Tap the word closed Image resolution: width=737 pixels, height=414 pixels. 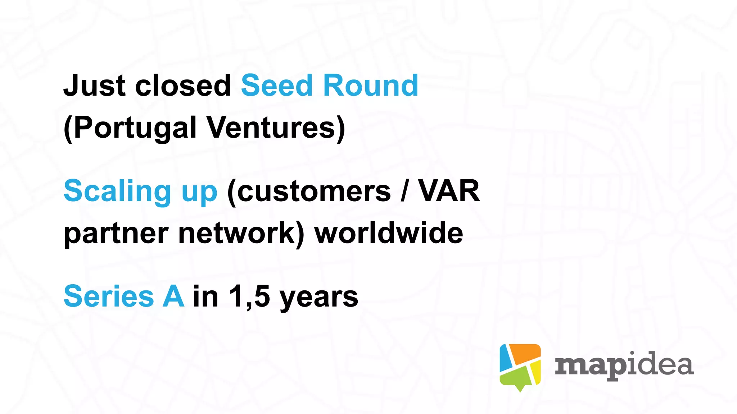pos(183,86)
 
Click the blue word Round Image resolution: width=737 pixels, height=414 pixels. pos(371,86)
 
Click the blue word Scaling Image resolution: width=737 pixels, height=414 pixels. pos(117,191)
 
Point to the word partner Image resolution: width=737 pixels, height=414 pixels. pos(116,234)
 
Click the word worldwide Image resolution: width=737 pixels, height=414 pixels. pos(389,233)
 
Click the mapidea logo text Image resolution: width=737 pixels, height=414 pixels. pos(624,366)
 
